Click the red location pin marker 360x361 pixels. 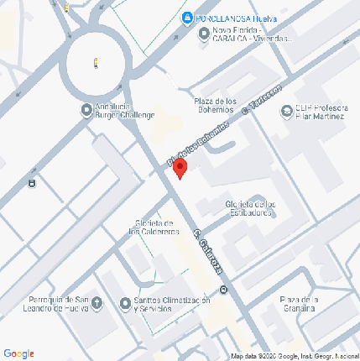[x=179, y=169]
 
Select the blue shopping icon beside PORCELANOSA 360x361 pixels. [x=186, y=18]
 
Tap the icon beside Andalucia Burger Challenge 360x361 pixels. [x=87, y=110]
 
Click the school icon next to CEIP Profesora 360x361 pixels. [x=285, y=107]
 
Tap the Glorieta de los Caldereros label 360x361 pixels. [x=153, y=227]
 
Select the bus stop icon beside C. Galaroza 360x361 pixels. [x=223, y=291]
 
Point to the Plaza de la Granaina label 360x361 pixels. [x=300, y=303]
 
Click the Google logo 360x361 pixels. [x=18, y=353]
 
